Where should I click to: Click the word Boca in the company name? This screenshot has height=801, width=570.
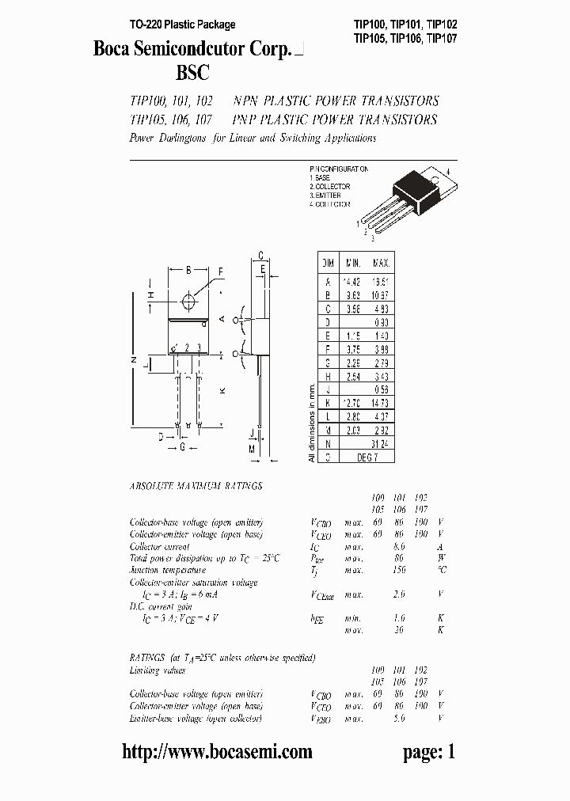(112, 49)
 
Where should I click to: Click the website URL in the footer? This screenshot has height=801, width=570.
(217, 752)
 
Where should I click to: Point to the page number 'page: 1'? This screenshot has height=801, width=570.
(429, 752)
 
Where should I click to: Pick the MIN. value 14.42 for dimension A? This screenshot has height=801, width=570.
(352, 280)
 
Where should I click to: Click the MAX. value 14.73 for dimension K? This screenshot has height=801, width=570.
(381, 403)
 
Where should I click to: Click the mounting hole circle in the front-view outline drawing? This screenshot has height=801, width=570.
(188, 301)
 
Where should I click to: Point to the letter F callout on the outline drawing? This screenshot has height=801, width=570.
(221, 271)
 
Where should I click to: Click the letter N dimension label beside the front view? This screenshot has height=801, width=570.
(132, 360)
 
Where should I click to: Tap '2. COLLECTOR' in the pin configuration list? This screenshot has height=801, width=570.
(332, 187)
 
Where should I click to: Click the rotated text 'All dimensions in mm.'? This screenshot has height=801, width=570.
(311, 423)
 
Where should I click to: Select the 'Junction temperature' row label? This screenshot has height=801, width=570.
(167, 570)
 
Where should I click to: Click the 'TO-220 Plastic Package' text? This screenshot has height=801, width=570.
(182, 25)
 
